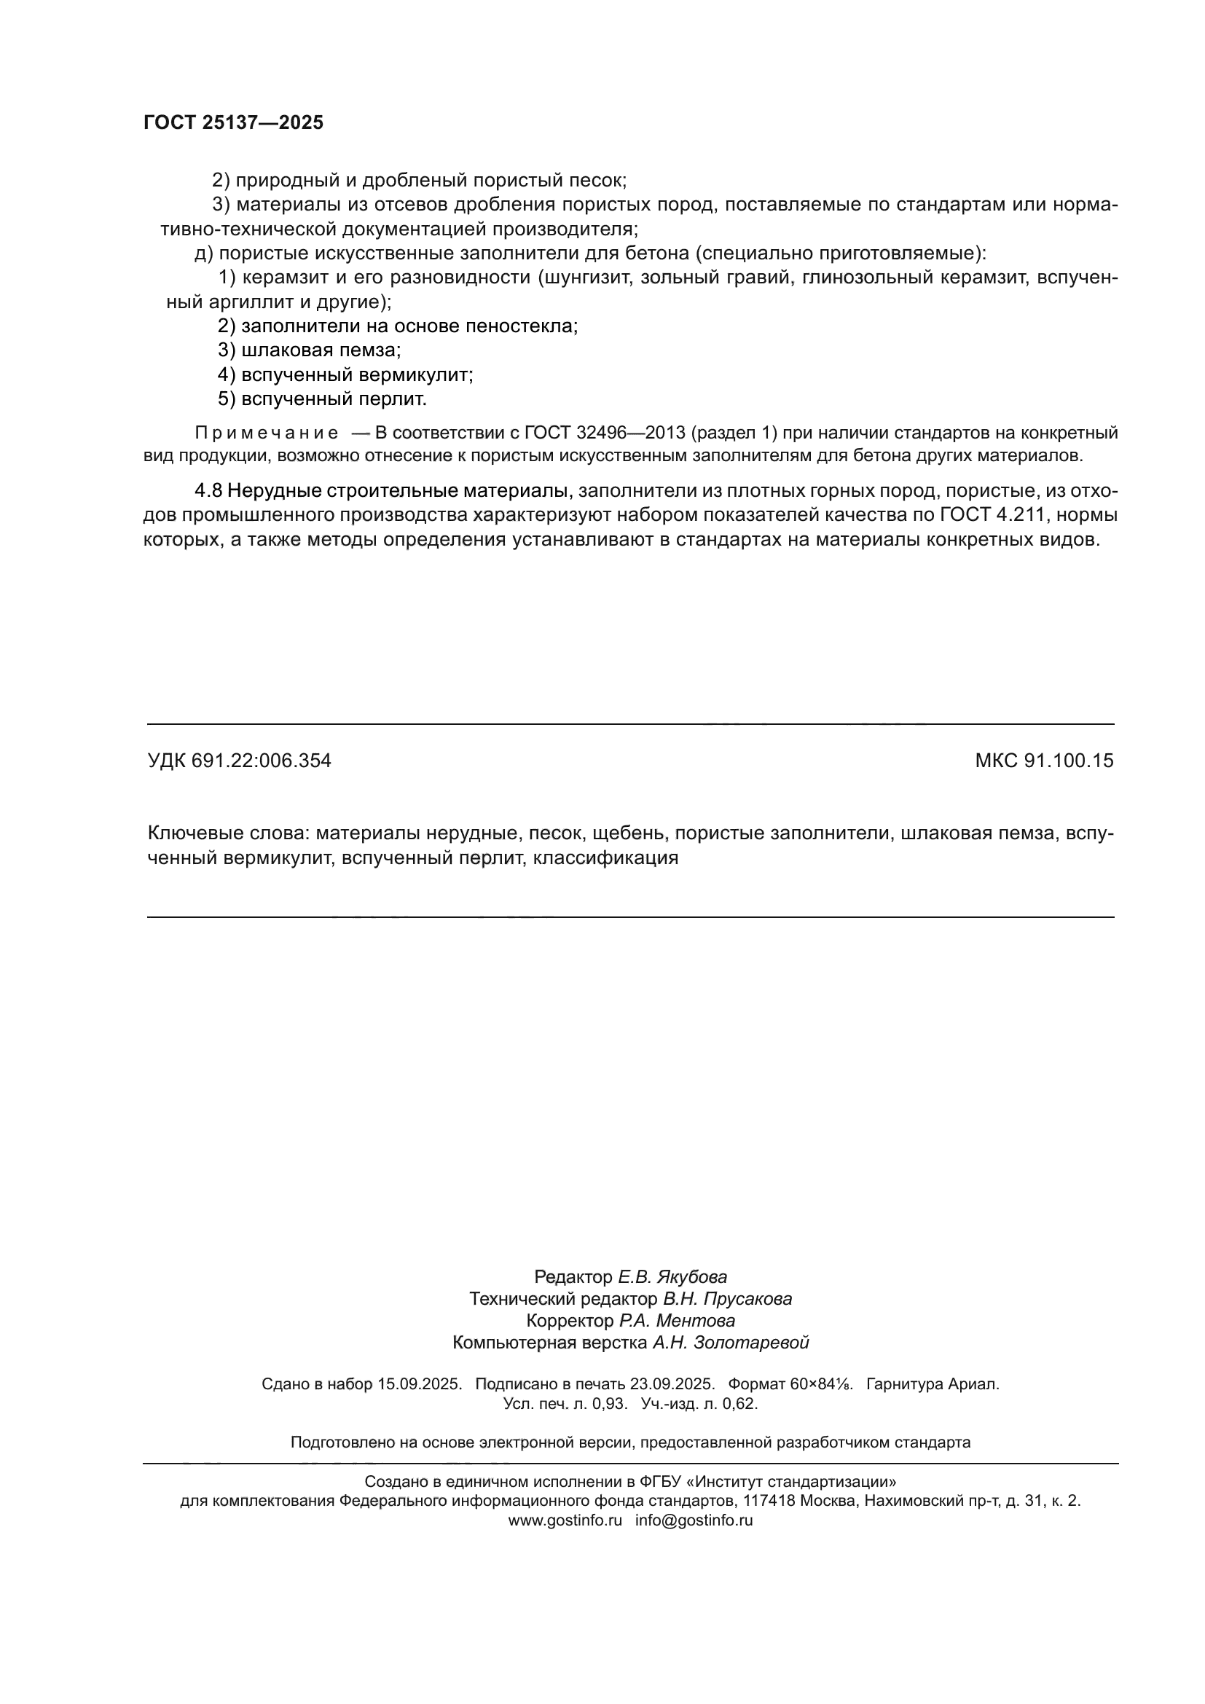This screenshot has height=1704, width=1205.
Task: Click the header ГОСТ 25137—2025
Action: tap(233, 123)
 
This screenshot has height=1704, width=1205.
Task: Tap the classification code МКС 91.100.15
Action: tap(1044, 761)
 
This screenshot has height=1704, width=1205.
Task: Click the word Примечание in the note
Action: tap(267, 433)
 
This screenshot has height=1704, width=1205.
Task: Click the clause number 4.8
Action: tap(208, 490)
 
